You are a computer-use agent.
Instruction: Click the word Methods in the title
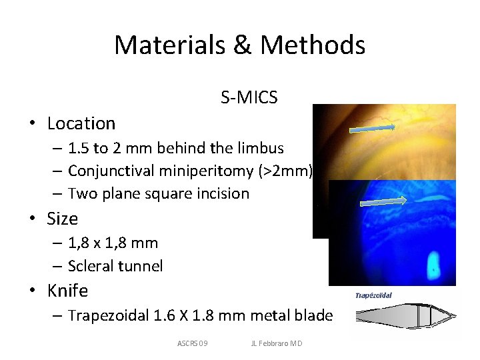pyautogui.click(x=313, y=45)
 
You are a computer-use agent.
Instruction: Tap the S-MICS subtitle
pyautogui.click(x=249, y=98)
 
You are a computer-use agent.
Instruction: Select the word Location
pyautogui.click(x=81, y=123)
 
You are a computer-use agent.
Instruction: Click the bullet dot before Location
pyautogui.click(x=31, y=124)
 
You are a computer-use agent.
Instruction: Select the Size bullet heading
pyautogui.click(x=63, y=219)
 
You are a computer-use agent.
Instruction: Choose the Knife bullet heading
pyautogui.click(x=67, y=291)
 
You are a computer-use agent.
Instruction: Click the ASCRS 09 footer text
pyautogui.click(x=193, y=343)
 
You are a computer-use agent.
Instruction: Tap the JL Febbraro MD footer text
pyautogui.click(x=276, y=343)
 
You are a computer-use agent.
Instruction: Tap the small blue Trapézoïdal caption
pyautogui.click(x=373, y=295)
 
